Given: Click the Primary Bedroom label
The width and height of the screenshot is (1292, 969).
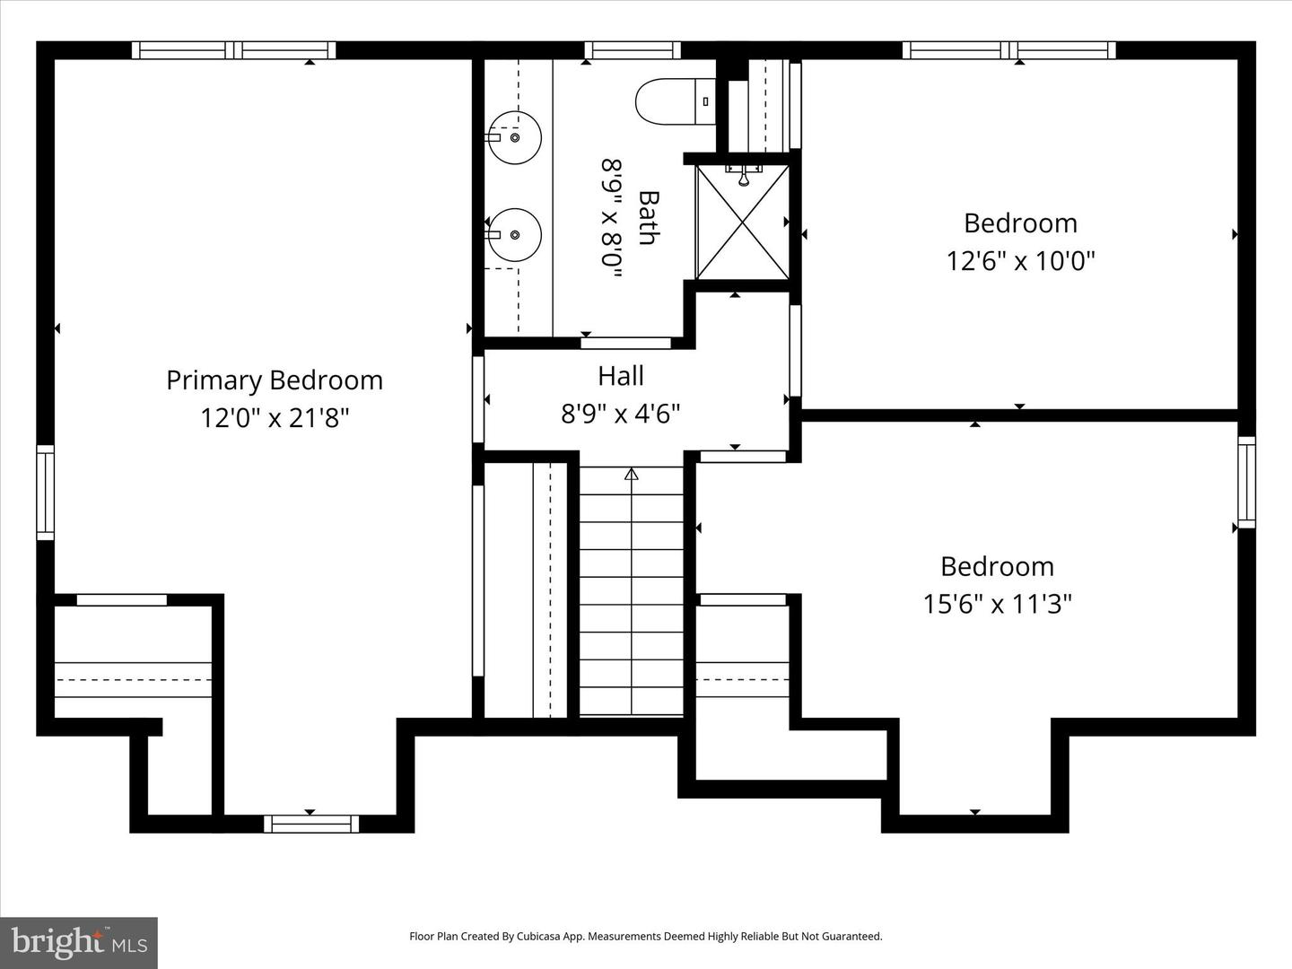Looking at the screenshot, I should pyautogui.click(x=275, y=380).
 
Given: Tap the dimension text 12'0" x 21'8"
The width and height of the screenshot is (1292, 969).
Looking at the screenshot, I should pyautogui.click(x=275, y=418).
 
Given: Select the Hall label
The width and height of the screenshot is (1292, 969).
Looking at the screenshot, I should pyautogui.click(x=621, y=375).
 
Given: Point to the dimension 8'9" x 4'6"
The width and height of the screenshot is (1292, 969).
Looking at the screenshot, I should pyautogui.click(x=621, y=414).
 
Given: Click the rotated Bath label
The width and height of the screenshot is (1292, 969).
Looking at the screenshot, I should pyautogui.click(x=648, y=217).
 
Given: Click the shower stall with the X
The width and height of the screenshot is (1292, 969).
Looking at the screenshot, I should pyautogui.click(x=743, y=222).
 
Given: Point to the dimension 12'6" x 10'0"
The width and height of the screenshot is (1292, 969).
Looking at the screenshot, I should pyautogui.click(x=1020, y=261).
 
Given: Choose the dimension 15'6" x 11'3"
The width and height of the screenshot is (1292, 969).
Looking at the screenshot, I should pyautogui.click(x=997, y=604).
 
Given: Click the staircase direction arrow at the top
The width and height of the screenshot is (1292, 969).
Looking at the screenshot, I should pyautogui.click(x=631, y=474).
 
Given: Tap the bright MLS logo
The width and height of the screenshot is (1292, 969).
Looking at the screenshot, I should pyautogui.click(x=79, y=942).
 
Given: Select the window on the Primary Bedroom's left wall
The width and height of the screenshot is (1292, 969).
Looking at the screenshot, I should pyautogui.click(x=45, y=493).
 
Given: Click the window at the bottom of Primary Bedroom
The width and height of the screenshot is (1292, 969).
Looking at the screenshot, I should pyautogui.click(x=310, y=824).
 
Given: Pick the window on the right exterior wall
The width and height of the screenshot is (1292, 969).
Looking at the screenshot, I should pyautogui.click(x=1246, y=481).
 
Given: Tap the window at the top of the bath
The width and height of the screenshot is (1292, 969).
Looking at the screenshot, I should pyautogui.click(x=632, y=50).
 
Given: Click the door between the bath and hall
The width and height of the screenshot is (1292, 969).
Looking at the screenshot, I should pyautogui.click(x=625, y=343).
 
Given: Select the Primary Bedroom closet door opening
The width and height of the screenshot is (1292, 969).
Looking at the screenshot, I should pyautogui.click(x=121, y=600).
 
